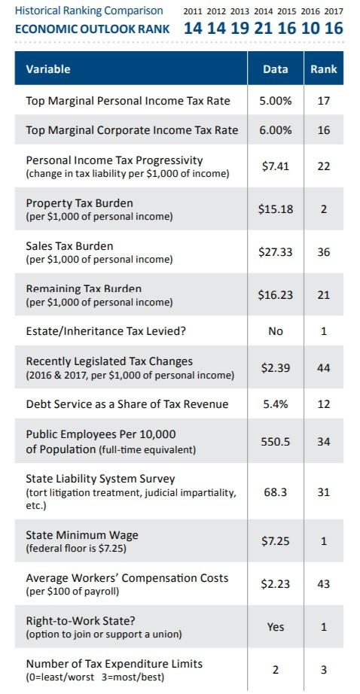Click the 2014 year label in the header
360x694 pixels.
263,11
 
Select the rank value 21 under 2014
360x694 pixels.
265,29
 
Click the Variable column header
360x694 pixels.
47,69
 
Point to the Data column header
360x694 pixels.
276,69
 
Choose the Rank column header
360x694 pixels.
324,69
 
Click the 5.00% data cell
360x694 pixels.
276,101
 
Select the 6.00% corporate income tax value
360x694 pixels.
276,130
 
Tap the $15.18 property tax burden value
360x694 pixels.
276,209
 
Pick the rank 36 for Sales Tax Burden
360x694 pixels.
324,252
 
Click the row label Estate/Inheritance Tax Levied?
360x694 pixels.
102,331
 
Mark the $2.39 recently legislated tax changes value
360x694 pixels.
276,367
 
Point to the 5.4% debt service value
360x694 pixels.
276,404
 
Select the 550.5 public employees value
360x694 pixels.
276,442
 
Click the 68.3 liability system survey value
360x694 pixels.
276,492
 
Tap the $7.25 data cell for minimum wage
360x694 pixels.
276,541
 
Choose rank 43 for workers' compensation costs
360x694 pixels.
324,584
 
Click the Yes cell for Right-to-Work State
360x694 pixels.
276,627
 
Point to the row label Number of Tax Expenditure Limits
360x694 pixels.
114,663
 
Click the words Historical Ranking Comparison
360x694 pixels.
89,11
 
